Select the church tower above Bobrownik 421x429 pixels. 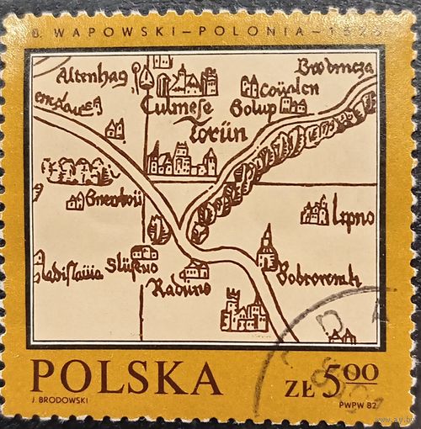click(267, 248)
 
